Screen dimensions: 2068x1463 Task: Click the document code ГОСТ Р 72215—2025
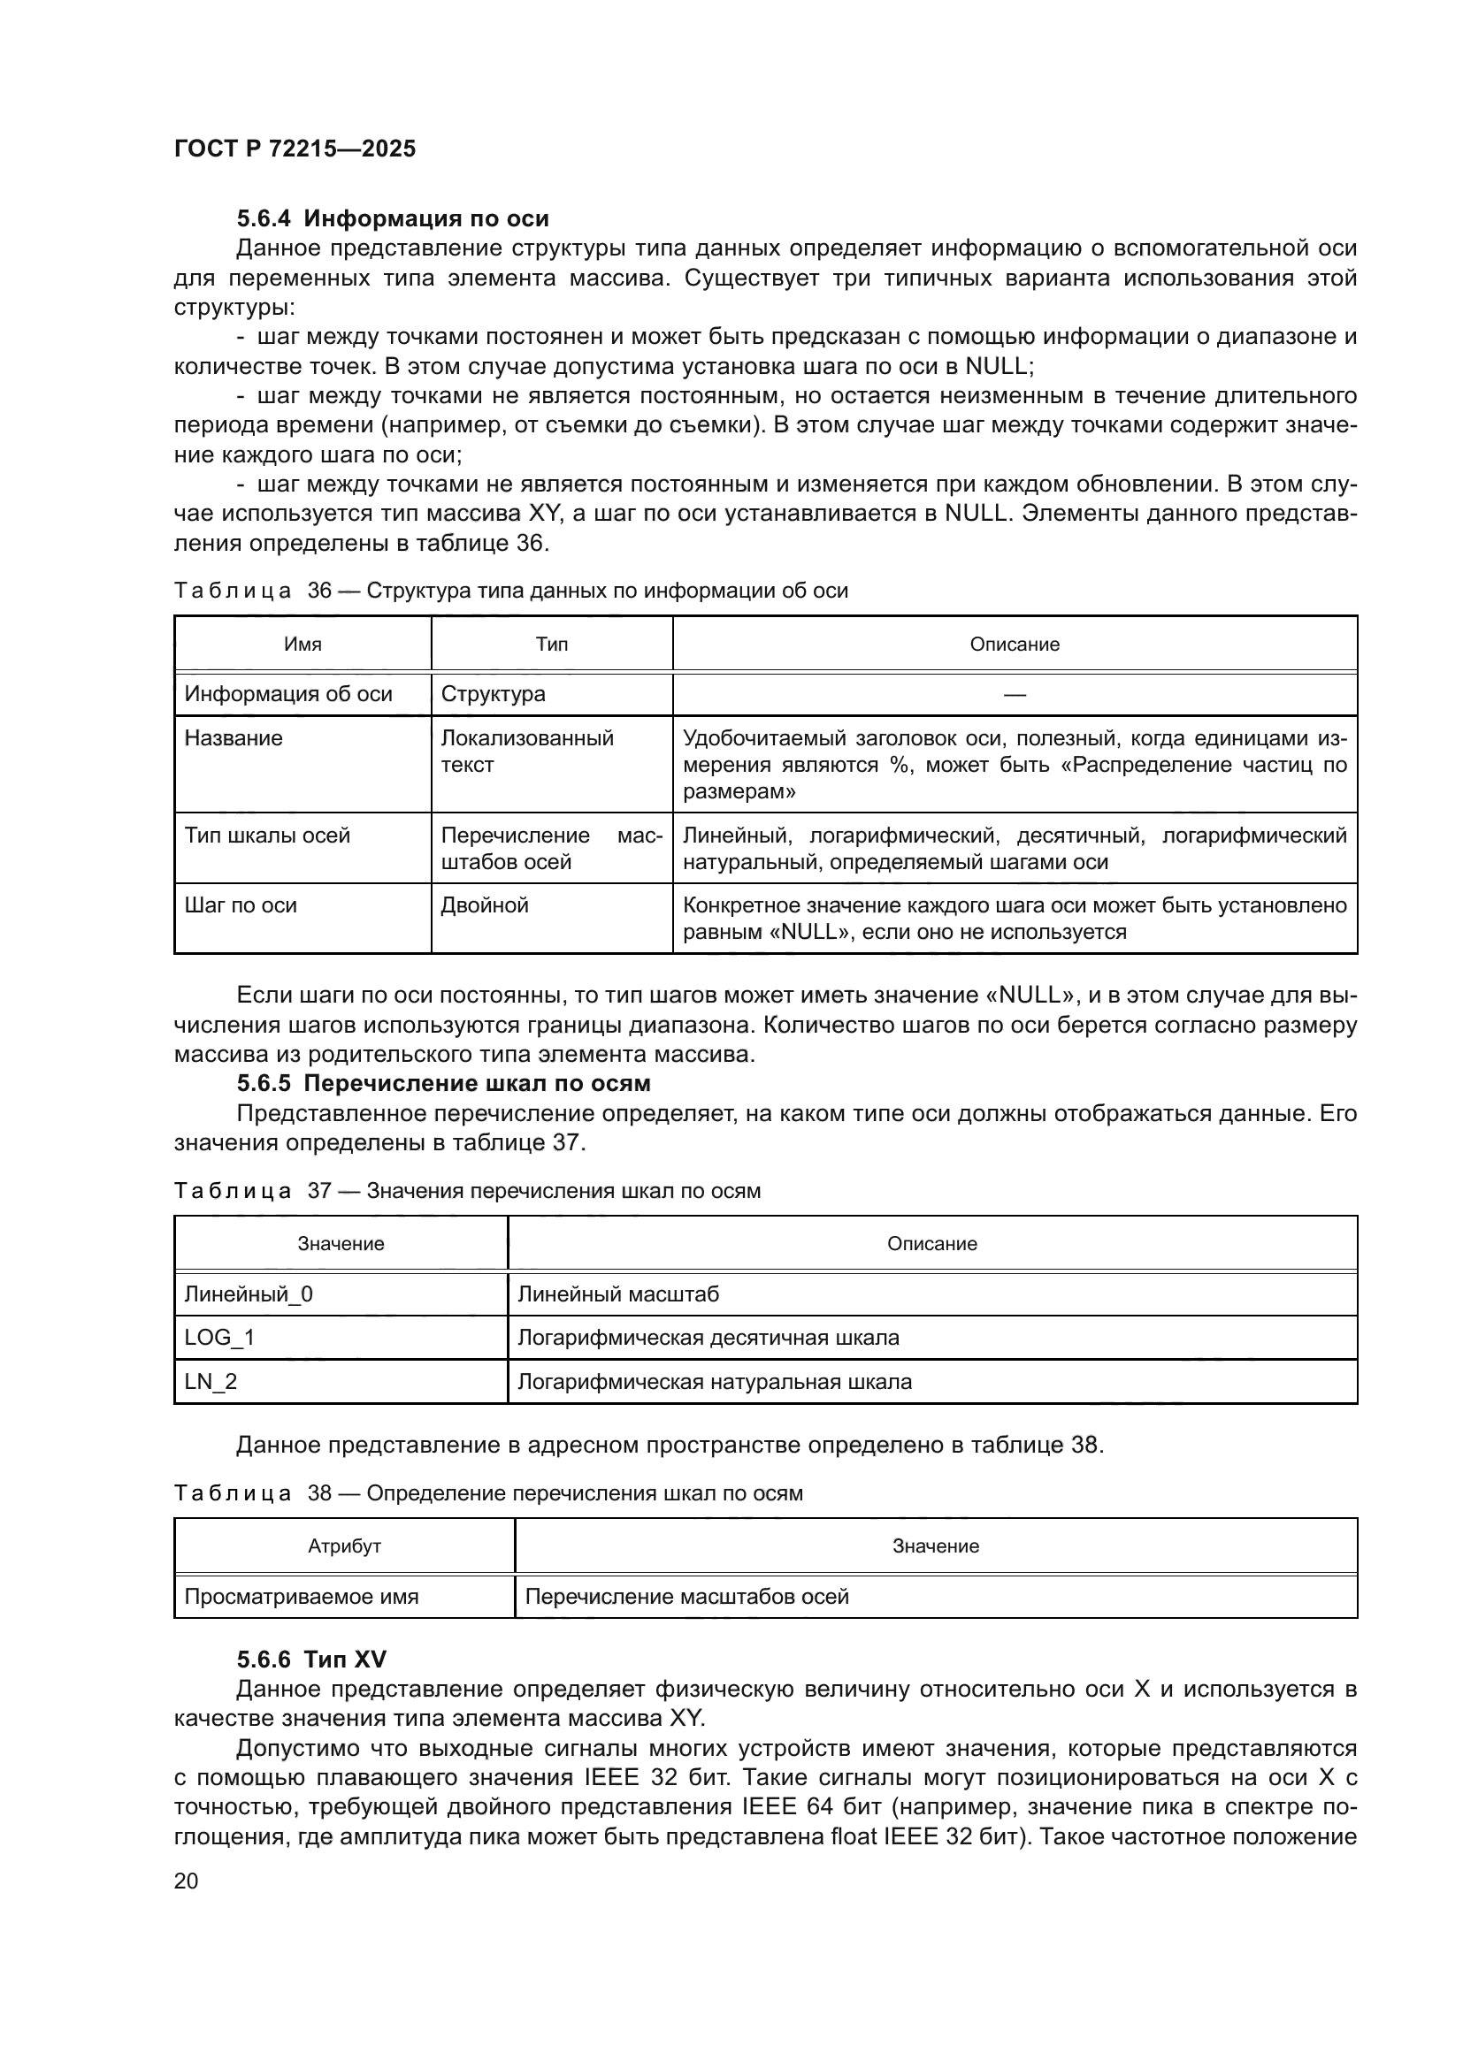point(295,149)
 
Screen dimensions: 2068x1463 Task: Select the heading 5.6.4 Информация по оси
point(393,218)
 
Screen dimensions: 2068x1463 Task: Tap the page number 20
point(186,1880)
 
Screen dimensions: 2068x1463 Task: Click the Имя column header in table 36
point(303,644)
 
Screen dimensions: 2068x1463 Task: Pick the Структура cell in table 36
point(493,693)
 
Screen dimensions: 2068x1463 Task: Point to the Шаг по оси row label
point(241,905)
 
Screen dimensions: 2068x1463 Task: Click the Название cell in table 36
point(234,737)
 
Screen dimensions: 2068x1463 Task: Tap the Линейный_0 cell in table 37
point(249,1294)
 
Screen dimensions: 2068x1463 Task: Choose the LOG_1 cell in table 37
point(220,1338)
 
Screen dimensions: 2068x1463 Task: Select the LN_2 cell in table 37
point(211,1382)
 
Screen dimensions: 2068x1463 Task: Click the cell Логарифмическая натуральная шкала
point(715,1382)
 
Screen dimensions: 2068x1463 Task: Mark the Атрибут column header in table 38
point(344,1546)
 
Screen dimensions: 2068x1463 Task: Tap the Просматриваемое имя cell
point(302,1597)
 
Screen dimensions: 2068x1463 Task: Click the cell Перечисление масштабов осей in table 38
point(686,1597)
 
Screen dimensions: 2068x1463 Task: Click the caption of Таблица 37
point(467,1191)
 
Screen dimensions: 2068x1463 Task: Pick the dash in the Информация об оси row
point(1015,693)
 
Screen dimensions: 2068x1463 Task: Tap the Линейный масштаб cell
point(618,1294)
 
